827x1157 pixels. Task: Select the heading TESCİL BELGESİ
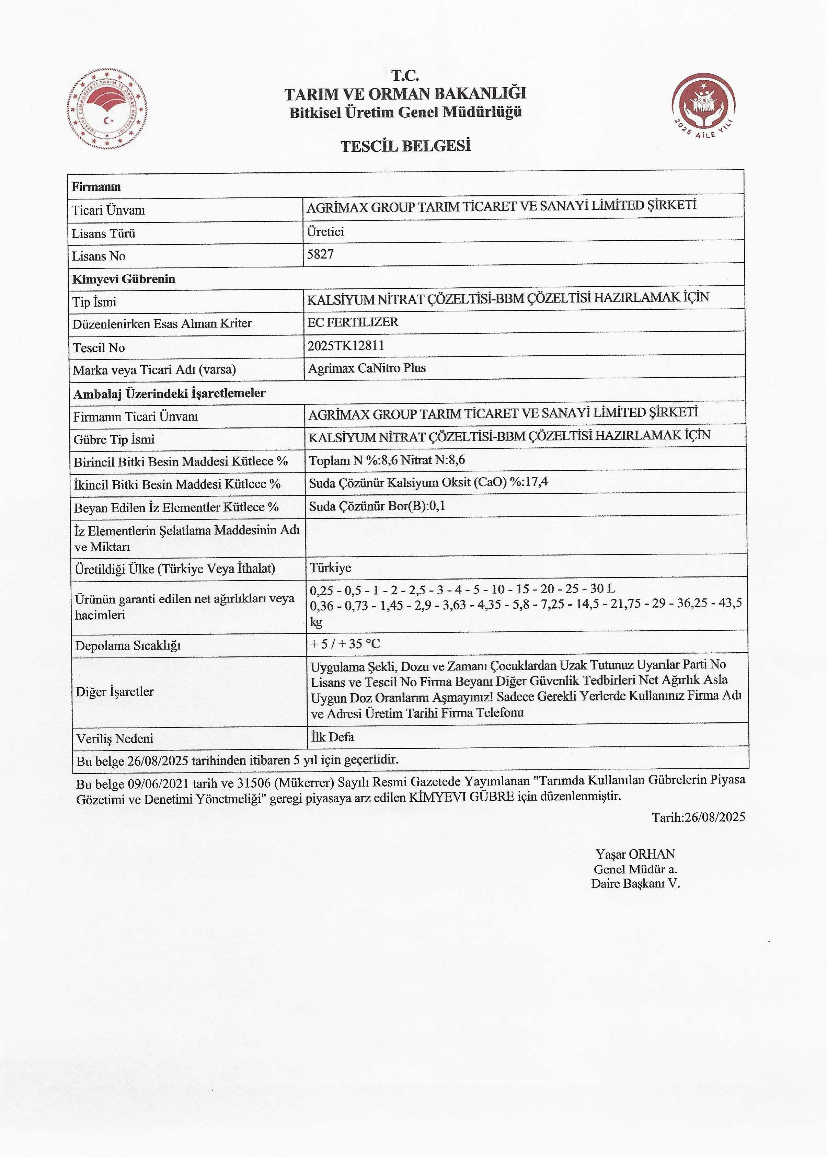(x=405, y=146)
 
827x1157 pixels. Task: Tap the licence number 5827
(x=320, y=254)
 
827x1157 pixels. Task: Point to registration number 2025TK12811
(x=346, y=346)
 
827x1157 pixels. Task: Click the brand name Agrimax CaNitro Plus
(x=367, y=368)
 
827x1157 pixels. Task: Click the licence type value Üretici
(x=325, y=232)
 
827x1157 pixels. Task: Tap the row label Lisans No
(x=99, y=256)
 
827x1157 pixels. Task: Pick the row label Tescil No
(x=99, y=348)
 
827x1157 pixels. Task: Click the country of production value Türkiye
(x=330, y=568)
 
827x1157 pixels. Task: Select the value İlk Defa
(x=333, y=737)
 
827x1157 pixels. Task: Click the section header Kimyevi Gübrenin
(x=124, y=279)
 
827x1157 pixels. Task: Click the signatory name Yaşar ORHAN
(x=635, y=854)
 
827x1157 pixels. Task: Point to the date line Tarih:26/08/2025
(x=698, y=817)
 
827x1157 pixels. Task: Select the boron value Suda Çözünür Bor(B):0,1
(x=377, y=506)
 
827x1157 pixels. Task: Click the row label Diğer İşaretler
(x=115, y=691)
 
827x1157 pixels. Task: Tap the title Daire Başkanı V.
(x=635, y=883)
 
